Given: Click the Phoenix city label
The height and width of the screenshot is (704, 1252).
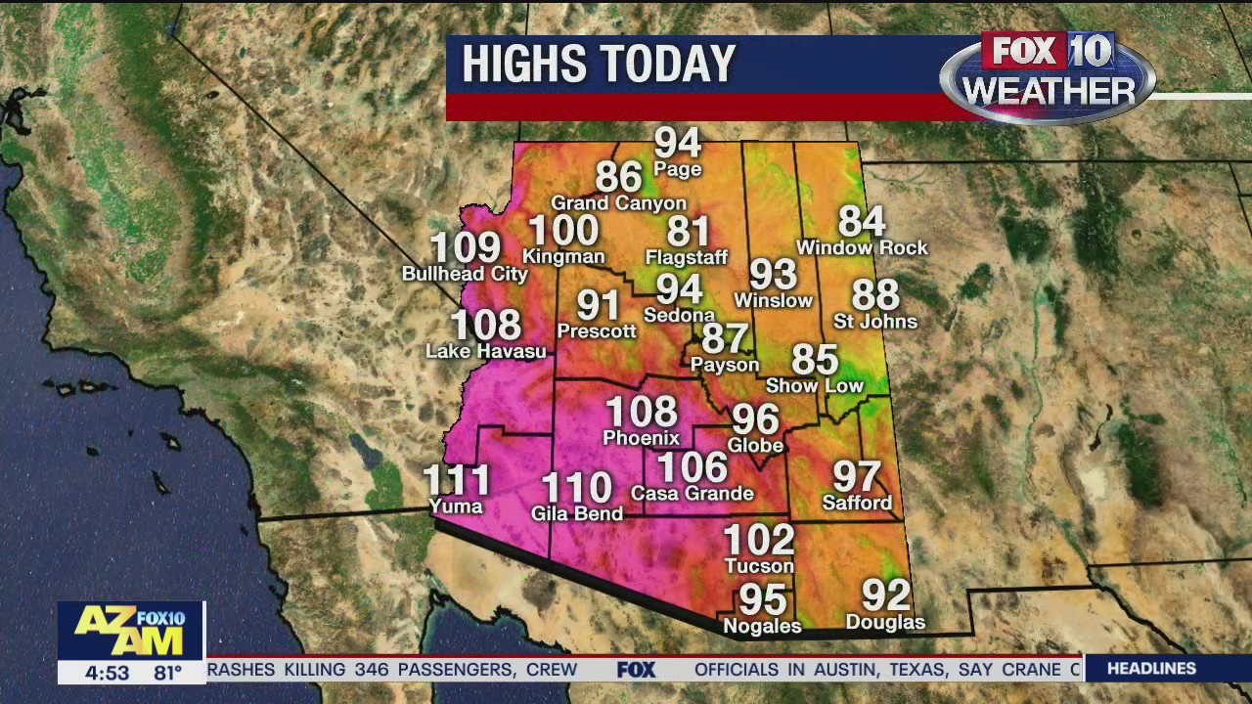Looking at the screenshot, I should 641,438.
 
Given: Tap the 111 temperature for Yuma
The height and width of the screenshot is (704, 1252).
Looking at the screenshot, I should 457,480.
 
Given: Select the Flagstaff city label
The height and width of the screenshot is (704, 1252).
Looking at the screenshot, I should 687,258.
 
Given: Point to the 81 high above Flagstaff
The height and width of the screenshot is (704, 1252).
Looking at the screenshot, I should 688,232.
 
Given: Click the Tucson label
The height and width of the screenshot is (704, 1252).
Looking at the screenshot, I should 759,566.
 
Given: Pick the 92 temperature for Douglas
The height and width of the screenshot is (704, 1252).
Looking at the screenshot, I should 886,594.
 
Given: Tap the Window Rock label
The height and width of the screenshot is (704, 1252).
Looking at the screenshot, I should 862,248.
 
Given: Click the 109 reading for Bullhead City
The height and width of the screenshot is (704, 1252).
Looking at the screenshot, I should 466,247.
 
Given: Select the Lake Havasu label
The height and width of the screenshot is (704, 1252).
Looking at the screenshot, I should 486,351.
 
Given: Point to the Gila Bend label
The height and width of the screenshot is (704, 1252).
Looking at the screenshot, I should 577,513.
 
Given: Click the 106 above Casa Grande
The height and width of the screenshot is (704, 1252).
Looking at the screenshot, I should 692,467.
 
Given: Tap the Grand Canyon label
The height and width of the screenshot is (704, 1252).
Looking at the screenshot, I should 619,203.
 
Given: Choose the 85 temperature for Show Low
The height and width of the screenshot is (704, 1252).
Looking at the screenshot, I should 815,360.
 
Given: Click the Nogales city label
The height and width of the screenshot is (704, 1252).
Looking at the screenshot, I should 762,627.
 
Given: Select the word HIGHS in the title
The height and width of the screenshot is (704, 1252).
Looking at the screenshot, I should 520,65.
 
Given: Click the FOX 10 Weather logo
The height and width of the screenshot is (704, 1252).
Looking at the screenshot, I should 1048,76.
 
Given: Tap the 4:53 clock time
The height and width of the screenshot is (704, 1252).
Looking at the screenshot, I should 106,673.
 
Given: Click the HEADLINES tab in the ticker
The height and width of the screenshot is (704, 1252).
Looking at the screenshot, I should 1151,669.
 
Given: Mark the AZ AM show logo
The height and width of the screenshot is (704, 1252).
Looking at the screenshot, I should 130,631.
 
